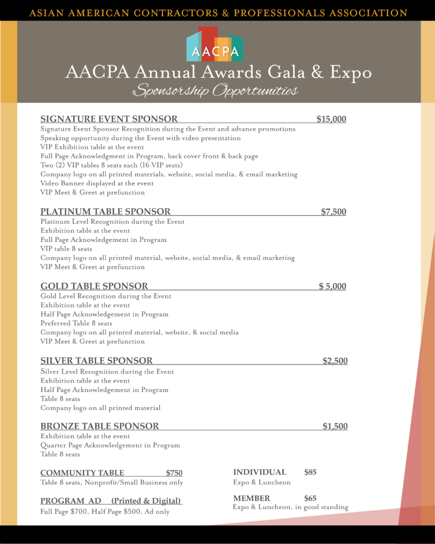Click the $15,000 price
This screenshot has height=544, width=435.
pos(331,119)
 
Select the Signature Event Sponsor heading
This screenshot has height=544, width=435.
pos(109,119)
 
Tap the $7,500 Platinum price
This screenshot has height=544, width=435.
pos(333,212)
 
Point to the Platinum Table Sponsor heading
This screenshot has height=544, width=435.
pos(105,212)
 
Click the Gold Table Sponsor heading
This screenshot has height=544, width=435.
pos(94,286)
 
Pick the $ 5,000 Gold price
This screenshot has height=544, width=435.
pos(332,286)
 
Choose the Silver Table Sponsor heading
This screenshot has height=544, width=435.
pos(96,361)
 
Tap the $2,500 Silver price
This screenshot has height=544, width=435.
pos(335,361)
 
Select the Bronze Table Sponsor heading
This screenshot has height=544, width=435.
pos(99,426)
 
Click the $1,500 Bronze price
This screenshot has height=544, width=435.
pos(335,426)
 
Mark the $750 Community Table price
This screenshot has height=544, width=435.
pos(174,473)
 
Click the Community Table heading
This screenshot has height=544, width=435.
pos(82,473)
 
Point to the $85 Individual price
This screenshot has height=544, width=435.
pos(310,472)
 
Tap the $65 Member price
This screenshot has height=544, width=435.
pos(310,498)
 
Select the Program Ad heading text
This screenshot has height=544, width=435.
pos(111,501)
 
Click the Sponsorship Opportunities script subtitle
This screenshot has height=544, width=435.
pos(215,91)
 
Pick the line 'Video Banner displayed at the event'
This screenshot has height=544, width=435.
pos(97,183)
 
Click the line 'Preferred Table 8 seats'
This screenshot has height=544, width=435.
pos(76,323)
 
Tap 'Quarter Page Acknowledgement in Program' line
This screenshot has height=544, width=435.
pos(110,445)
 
